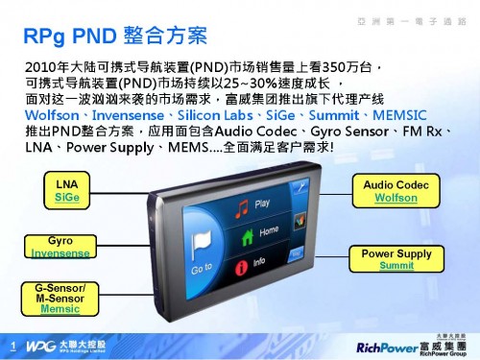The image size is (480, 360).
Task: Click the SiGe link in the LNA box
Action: coord(66,195)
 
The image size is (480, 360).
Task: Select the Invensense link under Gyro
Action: coord(55,252)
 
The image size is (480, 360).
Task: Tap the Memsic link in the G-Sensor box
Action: coord(60,308)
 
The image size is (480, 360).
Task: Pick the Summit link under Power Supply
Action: coord(396,264)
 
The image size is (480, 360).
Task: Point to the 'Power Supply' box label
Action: coord(396,252)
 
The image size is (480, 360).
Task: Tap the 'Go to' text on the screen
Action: coord(201,271)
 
